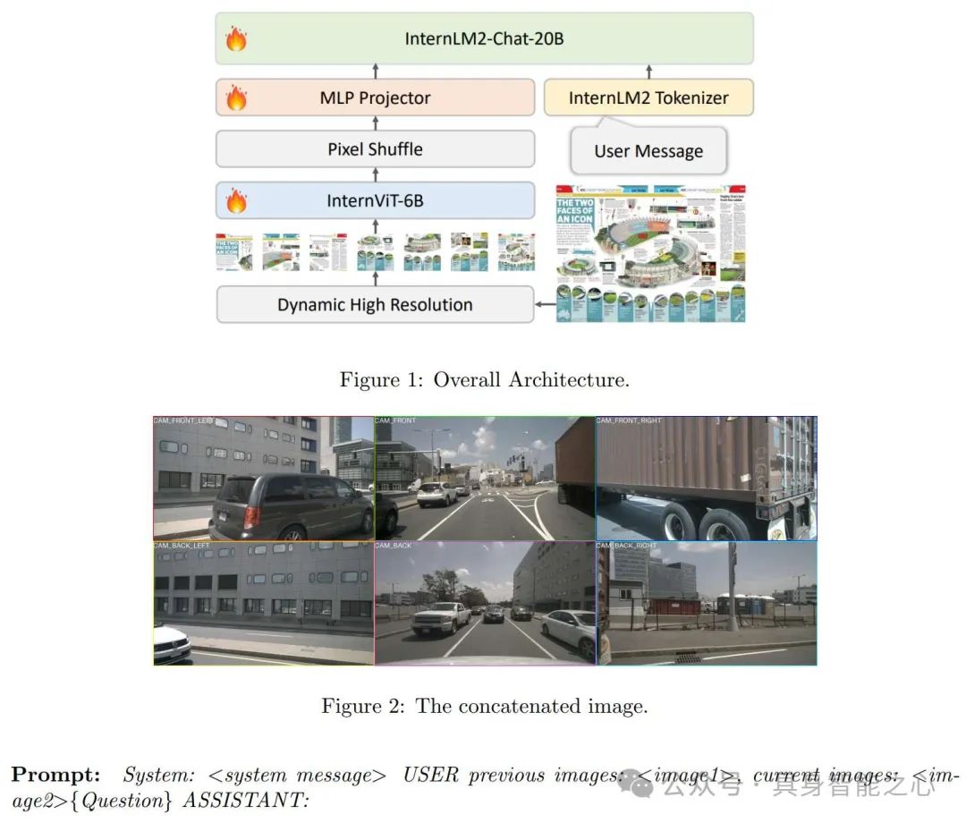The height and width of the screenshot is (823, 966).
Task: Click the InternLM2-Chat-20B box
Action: tap(484, 38)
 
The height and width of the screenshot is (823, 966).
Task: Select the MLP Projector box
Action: tap(375, 98)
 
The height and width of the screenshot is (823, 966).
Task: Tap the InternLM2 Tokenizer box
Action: tap(648, 98)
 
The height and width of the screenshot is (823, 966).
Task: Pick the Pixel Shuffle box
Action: tap(375, 148)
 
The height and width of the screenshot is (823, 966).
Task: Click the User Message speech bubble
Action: tap(648, 151)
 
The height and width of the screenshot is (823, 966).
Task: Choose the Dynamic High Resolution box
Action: tap(375, 304)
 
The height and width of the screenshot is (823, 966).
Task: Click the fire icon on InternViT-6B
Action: tap(236, 201)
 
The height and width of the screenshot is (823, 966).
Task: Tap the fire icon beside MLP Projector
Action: tap(236, 98)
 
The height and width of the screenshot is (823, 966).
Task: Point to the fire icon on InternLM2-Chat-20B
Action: tap(236, 39)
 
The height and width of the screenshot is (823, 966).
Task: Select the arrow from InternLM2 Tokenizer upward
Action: tap(648, 72)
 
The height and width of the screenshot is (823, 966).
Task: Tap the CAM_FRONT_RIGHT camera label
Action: tap(629, 420)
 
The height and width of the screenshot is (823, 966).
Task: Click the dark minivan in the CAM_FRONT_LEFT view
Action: tap(286, 505)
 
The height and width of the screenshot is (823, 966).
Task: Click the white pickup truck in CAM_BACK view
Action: tap(440, 616)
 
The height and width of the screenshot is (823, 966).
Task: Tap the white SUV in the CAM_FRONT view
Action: tap(437, 493)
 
